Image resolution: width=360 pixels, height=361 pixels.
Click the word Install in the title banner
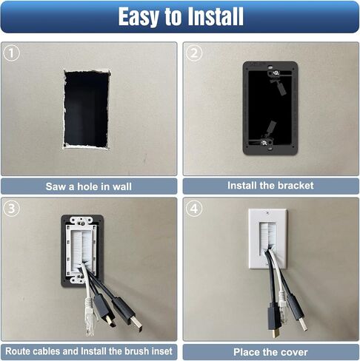pos(216,16)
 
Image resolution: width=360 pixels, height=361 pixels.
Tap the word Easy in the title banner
pos(139,17)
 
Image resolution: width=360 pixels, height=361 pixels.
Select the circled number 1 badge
pos(11,53)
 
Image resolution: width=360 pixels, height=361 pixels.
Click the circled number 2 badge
pos(194,53)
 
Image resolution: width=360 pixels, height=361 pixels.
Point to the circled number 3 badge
pos(11,209)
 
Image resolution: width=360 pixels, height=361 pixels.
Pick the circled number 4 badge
pos(194,209)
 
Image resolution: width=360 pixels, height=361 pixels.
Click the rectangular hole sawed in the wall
pos(86,109)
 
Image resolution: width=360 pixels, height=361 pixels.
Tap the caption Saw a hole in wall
pos(89,186)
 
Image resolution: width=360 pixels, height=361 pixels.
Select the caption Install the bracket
pos(270,186)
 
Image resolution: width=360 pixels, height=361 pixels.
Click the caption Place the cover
pos(270,352)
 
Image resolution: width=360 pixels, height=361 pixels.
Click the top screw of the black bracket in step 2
pos(275,72)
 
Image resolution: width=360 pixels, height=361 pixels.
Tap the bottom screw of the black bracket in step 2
pos(264,142)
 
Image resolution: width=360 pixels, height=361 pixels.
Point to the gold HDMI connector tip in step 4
pos(274,333)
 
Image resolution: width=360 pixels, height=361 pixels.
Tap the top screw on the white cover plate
pos(268,212)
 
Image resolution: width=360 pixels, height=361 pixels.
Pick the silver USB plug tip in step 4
pos(304,325)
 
